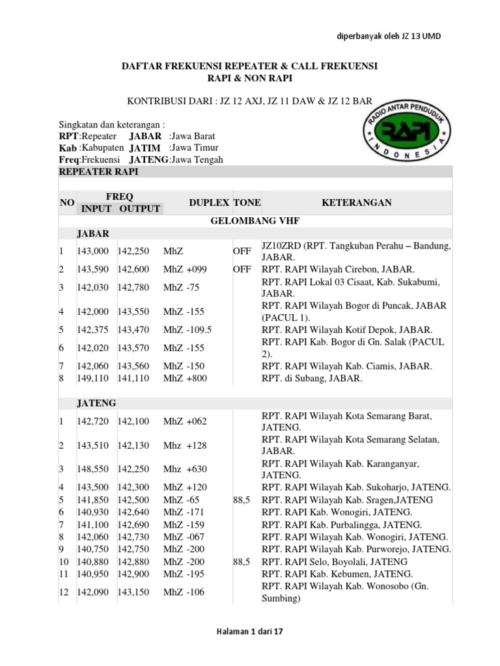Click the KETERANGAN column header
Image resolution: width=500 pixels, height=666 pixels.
point(357,203)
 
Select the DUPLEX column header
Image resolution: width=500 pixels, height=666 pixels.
point(209,203)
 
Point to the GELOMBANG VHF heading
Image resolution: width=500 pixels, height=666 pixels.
point(255,220)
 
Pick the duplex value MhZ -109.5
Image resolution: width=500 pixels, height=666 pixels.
point(187,330)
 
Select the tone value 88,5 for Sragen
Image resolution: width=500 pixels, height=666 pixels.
point(242,499)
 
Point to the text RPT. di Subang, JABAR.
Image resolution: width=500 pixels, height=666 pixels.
point(312,378)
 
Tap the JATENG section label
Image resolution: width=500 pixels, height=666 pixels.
point(96,403)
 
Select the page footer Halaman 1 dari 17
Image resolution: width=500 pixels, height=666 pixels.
point(250,631)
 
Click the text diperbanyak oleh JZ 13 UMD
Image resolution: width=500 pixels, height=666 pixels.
point(388,36)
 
